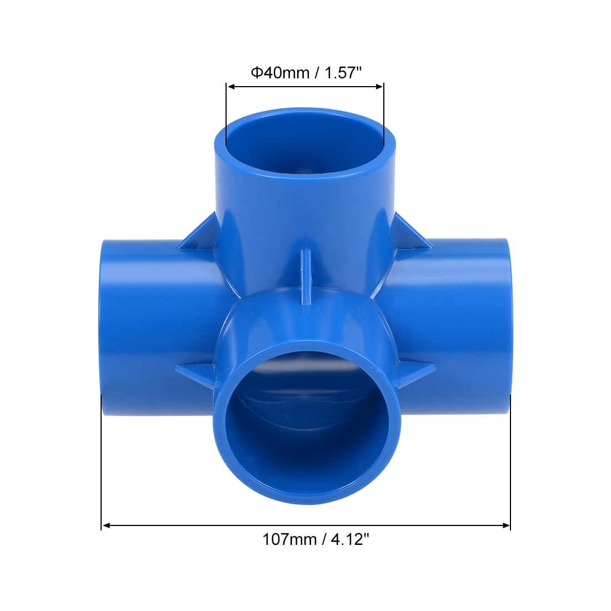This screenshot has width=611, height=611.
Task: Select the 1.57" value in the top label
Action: point(340,73)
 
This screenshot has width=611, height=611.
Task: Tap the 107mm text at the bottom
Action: point(288,539)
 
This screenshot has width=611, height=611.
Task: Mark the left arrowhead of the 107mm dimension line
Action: point(106,525)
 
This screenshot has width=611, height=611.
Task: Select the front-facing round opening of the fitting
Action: point(305,422)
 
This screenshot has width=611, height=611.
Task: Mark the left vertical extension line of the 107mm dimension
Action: point(101,461)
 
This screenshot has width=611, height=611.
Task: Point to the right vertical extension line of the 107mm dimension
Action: point(510,461)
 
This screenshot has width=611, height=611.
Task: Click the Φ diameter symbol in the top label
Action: point(256,73)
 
